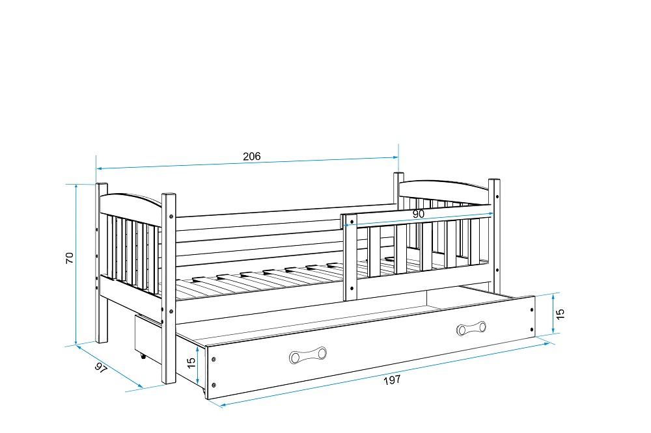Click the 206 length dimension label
251,156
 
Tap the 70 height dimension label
70,257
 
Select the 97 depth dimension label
101,367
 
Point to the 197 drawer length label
392,380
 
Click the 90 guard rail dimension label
418,214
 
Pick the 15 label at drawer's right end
561,314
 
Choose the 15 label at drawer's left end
191,363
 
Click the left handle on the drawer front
308,356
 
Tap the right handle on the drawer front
471,328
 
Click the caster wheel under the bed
143,356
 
